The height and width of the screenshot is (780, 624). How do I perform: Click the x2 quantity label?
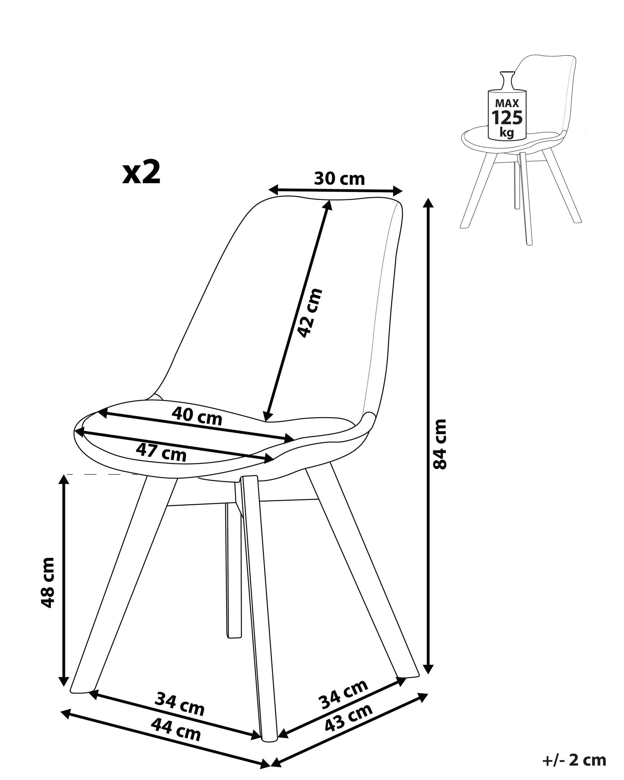pos(141,173)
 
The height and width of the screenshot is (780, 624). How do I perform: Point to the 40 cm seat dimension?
pos(196,416)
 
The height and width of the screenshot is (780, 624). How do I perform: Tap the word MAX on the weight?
pos(507,103)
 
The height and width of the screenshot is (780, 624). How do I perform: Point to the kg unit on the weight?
pos(507,132)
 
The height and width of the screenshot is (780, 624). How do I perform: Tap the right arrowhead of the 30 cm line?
pos(398,191)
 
